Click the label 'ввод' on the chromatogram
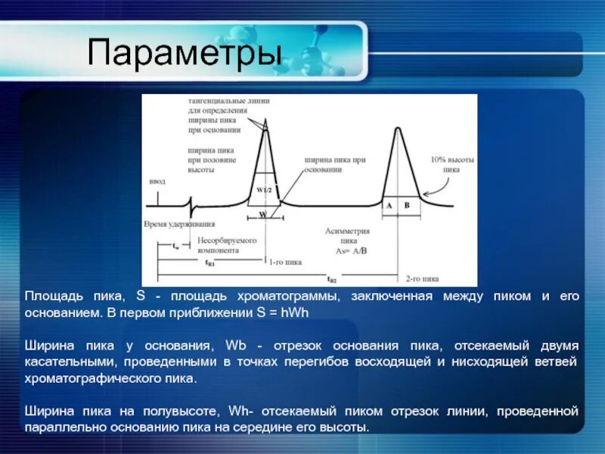157,182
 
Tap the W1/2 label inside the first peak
263,189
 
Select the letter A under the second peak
389,206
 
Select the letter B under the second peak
406,206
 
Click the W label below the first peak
262,215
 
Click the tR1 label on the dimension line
210,263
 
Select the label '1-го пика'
286,262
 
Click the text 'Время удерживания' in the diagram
179,224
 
